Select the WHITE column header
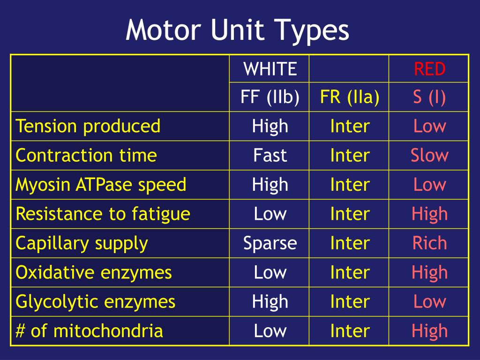click(x=270, y=69)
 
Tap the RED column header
click(x=429, y=69)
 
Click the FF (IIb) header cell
click(x=270, y=97)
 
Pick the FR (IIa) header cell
click(x=350, y=97)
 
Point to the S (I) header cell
click(x=429, y=97)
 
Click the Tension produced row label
click(x=88, y=126)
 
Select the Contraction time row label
click(x=86, y=155)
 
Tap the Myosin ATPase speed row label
click(x=101, y=185)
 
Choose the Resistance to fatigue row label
click(x=103, y=214)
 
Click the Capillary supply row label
click(x=82, y=243)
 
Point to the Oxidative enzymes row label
click(x=94, y=272)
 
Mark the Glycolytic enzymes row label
click(x=96, y=301)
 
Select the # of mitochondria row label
click(x=90, y=331)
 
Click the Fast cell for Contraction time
click(x=270, y=155)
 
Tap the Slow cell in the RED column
click(x=429, y=155)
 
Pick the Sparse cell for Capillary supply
click(x=270, y=243)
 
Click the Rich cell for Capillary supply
click(x=429, y=243)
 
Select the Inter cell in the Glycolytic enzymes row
click(x=350, y=301)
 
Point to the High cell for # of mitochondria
click(x=429, y=331)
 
